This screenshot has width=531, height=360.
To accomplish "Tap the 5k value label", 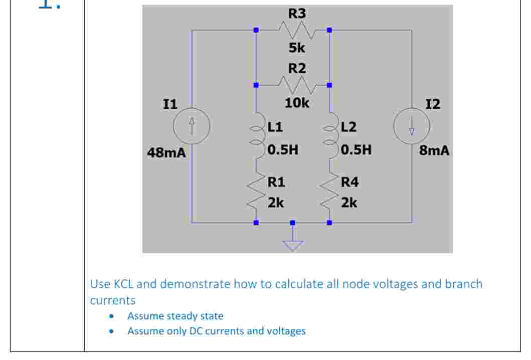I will pyautogui.click(x=296, y=49).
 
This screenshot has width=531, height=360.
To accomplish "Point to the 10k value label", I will pyautogui.click(x=297, y=103).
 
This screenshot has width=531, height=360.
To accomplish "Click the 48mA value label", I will pyautogui.click(x=166, y=152).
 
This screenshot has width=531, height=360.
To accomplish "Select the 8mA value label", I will pyautogui.click(x=434, y=150).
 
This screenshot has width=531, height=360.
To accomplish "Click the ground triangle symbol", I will pyautogui.click(x=293, y=245).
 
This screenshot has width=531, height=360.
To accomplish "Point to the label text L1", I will pyautogui.click(x=275, y=127).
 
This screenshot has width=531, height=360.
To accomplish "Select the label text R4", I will pyautogui.click(x=349, y=182).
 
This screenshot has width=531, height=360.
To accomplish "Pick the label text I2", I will pyautogui.click(x=432, y=104).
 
